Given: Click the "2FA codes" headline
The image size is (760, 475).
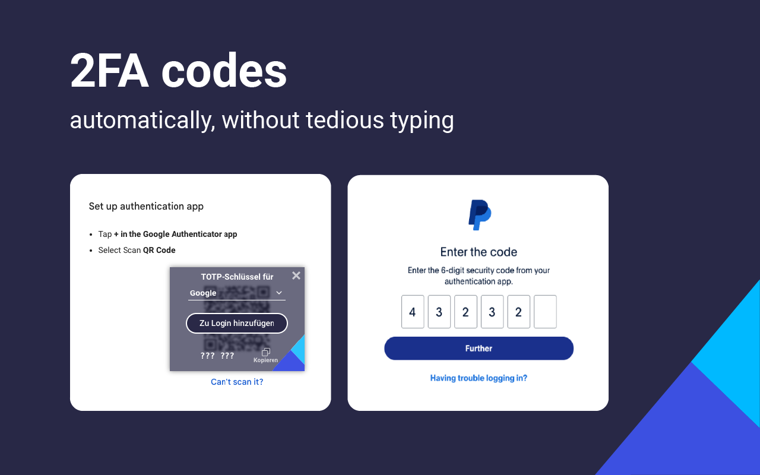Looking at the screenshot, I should pyautogui.click(x=178, y=71).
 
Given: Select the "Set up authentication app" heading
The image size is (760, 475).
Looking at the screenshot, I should pyautogui.click(x=146, y=207).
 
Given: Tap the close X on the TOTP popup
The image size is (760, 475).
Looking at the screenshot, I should pyautogui.click(x=296, y=275).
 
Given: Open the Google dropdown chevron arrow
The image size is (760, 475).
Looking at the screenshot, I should pyautogui.click(x=279, y=293).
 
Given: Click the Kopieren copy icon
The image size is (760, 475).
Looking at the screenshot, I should pyautogui.click(x=266, y=352).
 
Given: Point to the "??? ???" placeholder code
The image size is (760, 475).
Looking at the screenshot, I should pyautogui.click(x=217, y=356).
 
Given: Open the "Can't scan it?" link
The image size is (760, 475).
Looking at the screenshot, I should pyautogui.click(x=237, y=382).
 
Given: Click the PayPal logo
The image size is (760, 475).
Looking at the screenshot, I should pyautogui.click(x=479, y=215).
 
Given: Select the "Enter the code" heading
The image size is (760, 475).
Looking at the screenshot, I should pyautogui.click(x=479, y=252).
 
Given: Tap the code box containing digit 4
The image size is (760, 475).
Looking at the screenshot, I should pyautogui.click(x=413, y=312).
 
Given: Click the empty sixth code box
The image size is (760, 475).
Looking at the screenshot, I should pyautogui.click(x=545, y=312).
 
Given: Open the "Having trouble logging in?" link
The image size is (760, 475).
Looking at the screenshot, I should pyautogui.click(x=479, y=378).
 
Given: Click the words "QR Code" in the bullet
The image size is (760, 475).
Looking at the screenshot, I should pyautogui.click(x=159, y=250).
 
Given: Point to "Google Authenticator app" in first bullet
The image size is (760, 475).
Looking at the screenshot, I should pyautogui.click(x=190, y=234).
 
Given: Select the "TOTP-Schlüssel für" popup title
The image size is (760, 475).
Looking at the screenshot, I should pyautogui.click(x=237, y=277).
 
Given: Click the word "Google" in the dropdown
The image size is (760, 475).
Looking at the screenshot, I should pyautogui.click(x=203, y=293).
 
